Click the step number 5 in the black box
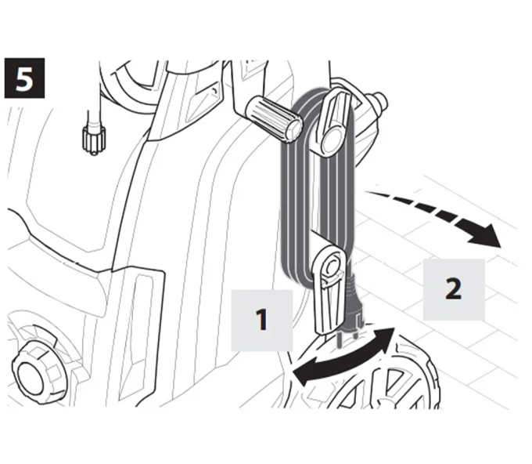pyautogui.click(x=24, y=78)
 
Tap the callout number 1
pyautogui.click(x=261, y=320)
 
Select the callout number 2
pyautogui.click(x=453, y=288)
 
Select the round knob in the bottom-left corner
pyautogui.click(x=38, y=373)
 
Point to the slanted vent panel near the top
pyautogui.click(x=203, y=102)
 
